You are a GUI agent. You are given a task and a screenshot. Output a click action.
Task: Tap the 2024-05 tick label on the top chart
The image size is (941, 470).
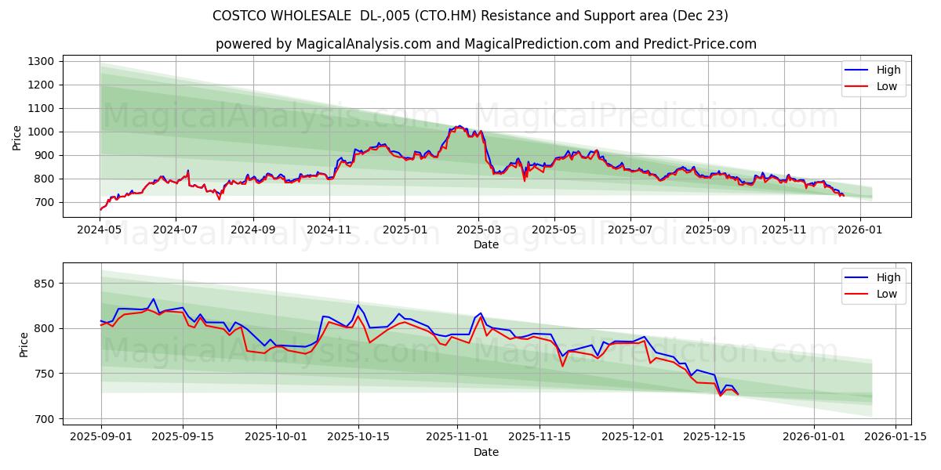[x=100, y=231]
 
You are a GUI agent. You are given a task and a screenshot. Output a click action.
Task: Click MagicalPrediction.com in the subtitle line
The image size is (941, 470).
[x=550, y=44]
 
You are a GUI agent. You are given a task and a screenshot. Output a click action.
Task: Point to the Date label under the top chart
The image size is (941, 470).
[x=486, y=244]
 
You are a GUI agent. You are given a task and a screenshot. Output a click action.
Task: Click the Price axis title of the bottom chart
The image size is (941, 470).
[x=24, y=345]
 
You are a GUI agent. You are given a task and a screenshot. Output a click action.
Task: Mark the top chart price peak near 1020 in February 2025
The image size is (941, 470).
[x=459, y=125]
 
